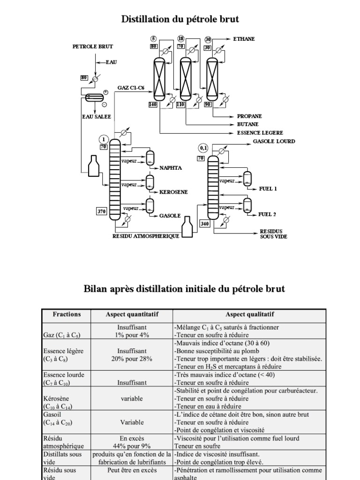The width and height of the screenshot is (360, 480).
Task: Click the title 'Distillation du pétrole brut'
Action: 180,19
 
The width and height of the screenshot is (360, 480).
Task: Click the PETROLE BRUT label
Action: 92,47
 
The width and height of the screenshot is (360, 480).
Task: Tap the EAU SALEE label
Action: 97,116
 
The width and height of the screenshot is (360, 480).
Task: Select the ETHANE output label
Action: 244,39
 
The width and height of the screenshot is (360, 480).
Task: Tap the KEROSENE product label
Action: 174,192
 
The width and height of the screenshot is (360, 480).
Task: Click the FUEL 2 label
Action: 268,214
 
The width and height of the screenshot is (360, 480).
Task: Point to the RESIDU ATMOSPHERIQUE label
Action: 146,236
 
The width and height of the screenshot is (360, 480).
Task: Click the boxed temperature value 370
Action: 102,211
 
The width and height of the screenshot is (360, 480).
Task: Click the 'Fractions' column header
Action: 67,315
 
